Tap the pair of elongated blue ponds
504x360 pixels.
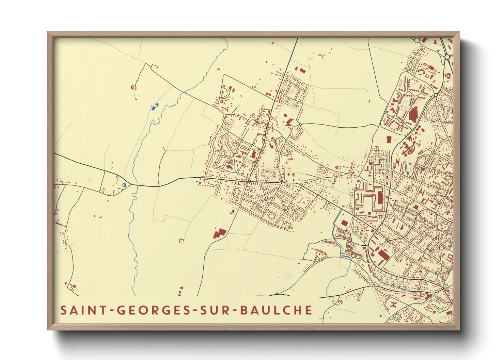155,107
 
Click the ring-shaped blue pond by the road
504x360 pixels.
124,185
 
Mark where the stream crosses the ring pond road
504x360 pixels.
133,185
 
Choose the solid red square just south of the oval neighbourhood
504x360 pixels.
389,139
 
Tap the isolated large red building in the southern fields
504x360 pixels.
220,233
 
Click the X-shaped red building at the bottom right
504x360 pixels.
394,304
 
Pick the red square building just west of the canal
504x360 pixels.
344,223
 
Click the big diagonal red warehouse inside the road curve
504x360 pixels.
382,256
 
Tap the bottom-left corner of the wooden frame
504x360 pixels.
48,329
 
